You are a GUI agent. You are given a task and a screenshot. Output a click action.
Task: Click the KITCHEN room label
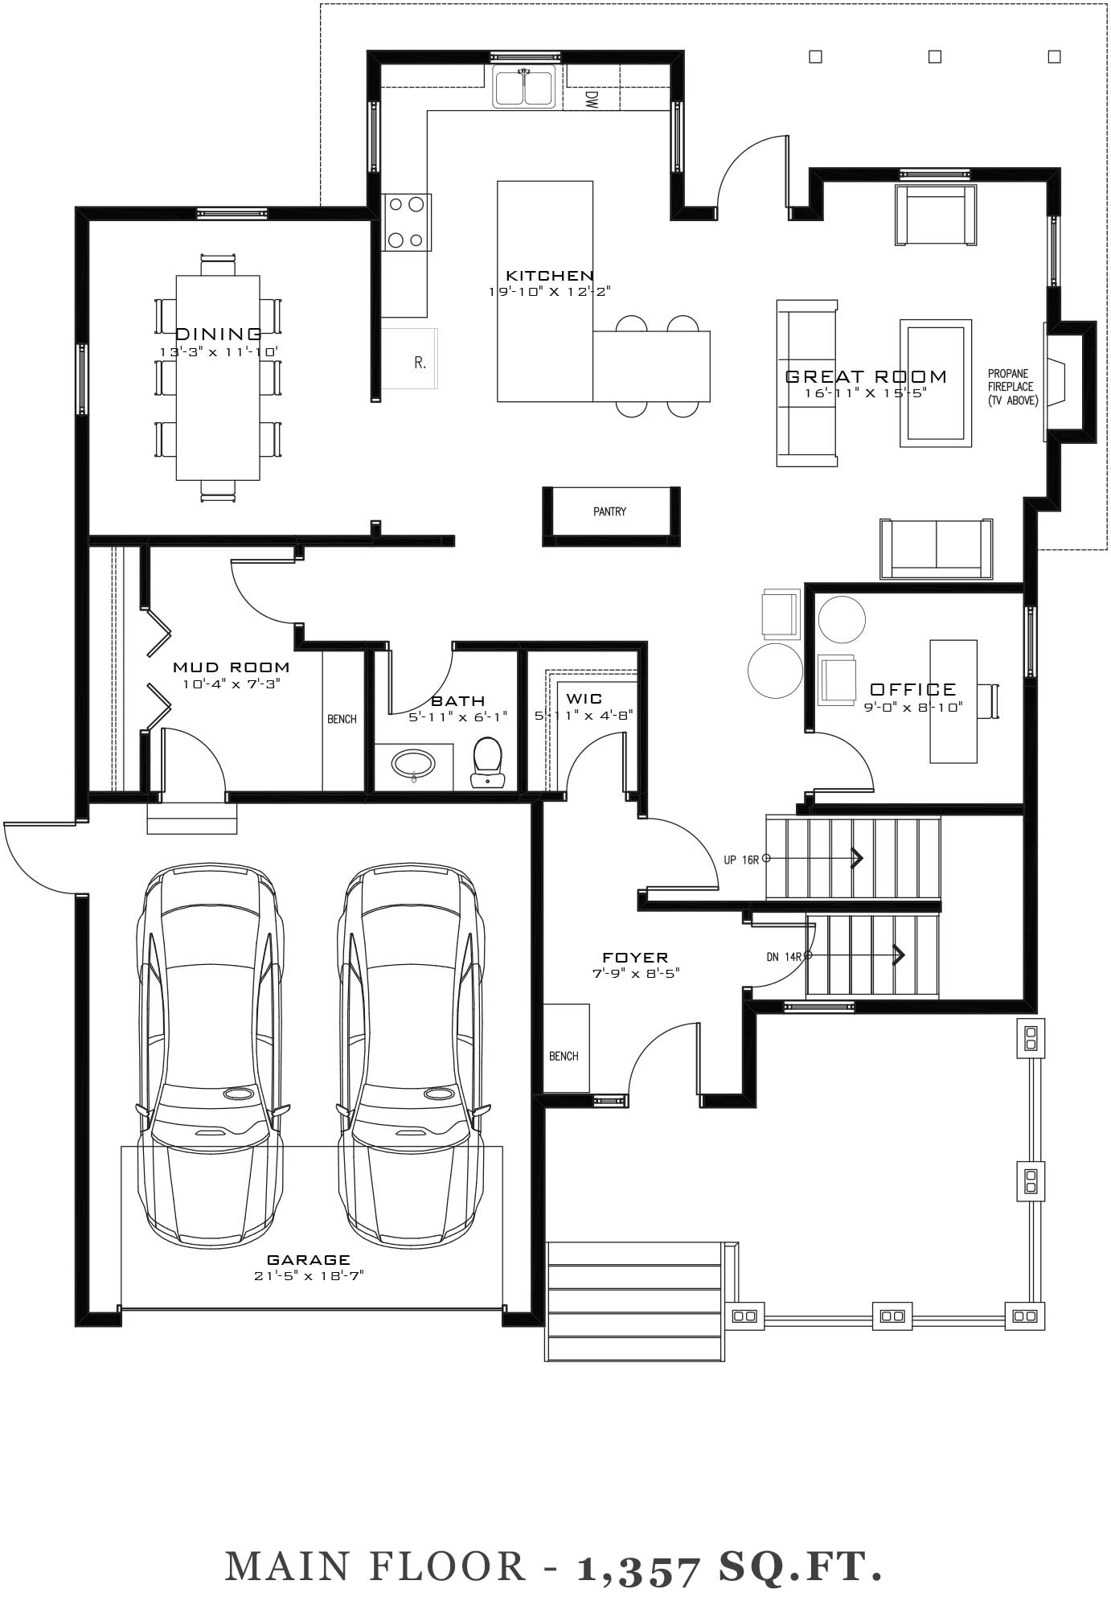[550, 276]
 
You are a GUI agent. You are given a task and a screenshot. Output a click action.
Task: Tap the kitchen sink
[524, 87]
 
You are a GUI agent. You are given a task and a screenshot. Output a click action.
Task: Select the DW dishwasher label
[592, 99]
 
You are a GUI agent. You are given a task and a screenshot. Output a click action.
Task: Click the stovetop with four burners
[406, 221]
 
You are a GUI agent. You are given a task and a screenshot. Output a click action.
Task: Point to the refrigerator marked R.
[409, 359]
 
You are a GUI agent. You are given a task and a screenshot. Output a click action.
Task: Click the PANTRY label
[609, 511]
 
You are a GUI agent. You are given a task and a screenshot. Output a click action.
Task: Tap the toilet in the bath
[487, 762]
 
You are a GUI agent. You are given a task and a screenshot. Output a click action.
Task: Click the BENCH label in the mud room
[342, 719]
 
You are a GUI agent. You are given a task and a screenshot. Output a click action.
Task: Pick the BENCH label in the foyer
[564, 1056]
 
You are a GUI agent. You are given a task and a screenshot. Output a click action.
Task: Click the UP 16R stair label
[741, 860]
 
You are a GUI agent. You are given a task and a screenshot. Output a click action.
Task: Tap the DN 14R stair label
[784, 957]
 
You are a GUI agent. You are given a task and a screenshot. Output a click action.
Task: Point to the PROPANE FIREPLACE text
[1011, 380]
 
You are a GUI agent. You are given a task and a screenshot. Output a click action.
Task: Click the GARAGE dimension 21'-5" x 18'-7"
[309, 1275]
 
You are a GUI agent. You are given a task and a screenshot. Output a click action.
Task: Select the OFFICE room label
[913, 689]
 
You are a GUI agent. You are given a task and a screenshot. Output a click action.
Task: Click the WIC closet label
[584, 699]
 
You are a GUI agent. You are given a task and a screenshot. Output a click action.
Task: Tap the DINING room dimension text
[218, 352]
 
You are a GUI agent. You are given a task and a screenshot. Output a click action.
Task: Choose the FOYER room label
[635, 957]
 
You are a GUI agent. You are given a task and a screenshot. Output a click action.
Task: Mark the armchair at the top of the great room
[936, 215]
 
